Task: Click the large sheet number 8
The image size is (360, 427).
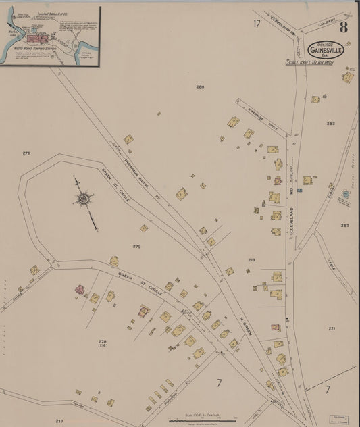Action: click(344, 28)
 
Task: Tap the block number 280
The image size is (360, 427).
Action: click(200, 87)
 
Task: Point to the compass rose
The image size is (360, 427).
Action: click(84, 199)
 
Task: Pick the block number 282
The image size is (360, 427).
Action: click(330, 124)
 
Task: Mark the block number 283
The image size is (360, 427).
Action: click(345, 226)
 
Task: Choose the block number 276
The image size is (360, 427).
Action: click(26, 153)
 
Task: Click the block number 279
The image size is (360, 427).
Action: click(137, 247)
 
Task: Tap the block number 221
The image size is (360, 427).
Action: click(332, 328)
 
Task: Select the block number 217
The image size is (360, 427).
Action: click(59, 420)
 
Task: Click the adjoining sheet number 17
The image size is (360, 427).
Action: click(257, 24)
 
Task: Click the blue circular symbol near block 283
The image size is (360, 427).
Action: click(345, 194)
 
